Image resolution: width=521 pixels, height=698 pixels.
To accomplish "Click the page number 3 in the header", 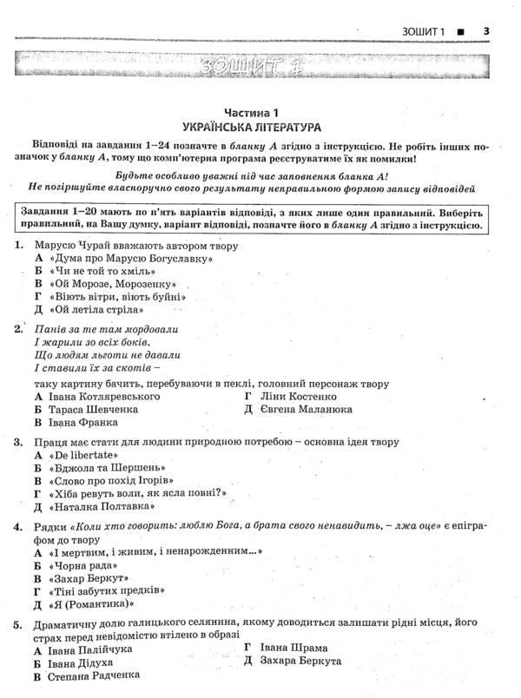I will point(487,33).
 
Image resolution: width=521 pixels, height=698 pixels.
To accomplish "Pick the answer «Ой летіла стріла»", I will point(97,309).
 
